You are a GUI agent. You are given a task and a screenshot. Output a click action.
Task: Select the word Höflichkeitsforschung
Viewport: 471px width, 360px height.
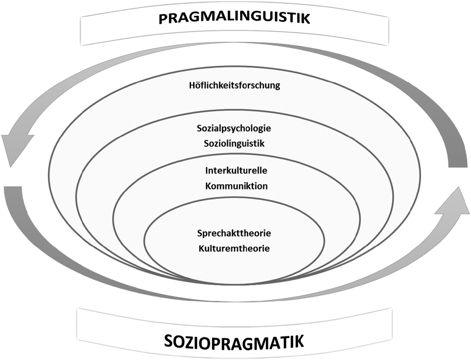[x=234, y=85]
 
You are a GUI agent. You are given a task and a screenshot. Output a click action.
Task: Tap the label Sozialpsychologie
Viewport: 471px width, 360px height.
[x=234, y=129]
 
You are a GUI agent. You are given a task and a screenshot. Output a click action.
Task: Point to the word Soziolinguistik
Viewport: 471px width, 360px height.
[x=234, y=143]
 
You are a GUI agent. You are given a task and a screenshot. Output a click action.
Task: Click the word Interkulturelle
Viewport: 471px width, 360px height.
[x=236, y=171]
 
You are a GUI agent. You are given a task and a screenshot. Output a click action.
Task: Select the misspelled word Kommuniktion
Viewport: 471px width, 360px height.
[x=237, y=186]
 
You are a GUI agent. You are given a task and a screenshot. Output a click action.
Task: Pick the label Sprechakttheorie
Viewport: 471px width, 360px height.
[x=234, y=233]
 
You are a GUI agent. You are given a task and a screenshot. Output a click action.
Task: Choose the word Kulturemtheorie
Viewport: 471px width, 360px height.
[x=234, y=248]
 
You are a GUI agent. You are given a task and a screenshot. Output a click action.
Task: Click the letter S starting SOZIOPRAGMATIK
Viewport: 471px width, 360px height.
[x=169, y=341]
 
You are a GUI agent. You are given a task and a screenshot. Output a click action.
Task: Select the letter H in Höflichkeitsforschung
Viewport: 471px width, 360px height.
[x=192, y=85]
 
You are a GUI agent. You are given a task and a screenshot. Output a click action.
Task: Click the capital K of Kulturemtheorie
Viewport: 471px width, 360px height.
[x=201, y=248]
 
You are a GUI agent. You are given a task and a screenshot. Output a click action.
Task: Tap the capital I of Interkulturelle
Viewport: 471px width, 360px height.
[x=207, y=171]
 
